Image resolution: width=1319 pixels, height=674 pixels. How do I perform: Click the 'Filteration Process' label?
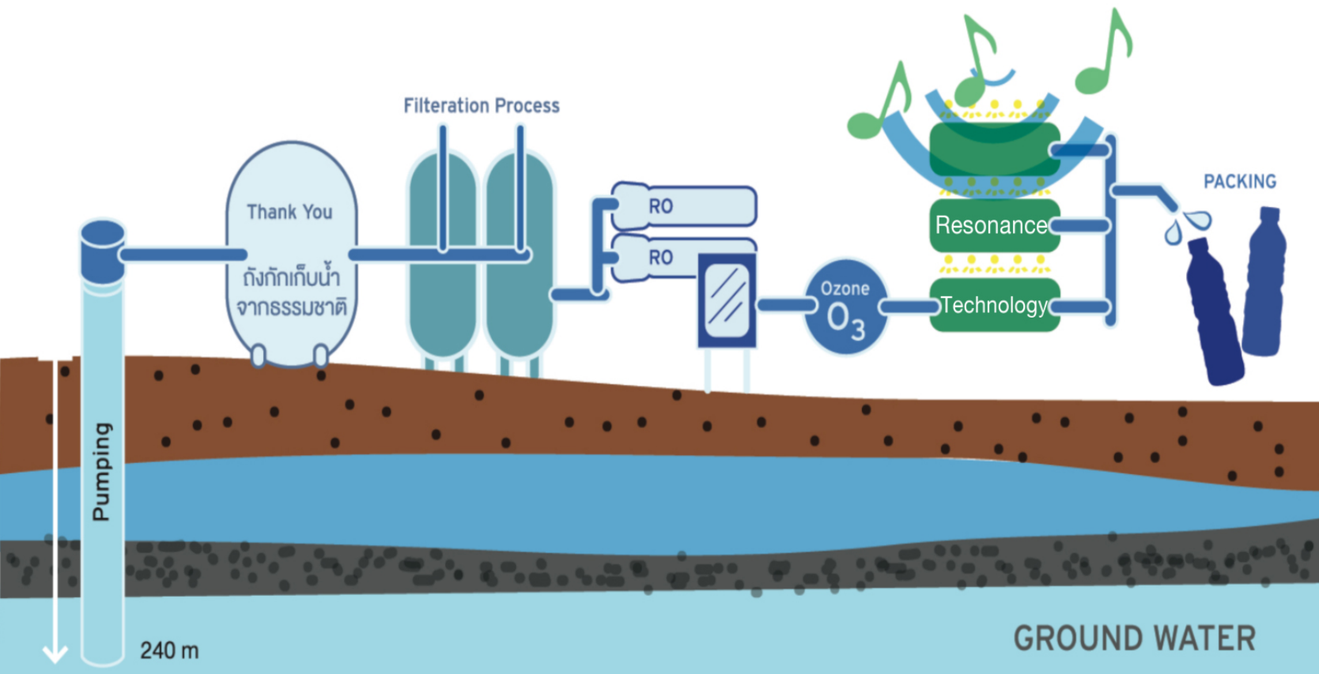[x=481, y=106]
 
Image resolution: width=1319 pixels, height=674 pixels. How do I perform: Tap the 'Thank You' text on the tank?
[x=289, y=212]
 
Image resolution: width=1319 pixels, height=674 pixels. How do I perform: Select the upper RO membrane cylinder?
[x=685, y=206]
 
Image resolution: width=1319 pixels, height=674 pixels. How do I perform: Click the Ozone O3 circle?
[x=845, y=307]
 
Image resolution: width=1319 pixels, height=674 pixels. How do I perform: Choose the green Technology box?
[x=994, y=305]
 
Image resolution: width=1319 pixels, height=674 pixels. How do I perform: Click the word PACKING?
[x=1239, y=182]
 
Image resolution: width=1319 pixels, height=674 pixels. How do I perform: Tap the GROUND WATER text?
[x=1134, y=638]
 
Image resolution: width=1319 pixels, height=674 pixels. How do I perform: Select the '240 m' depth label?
[x=169, y=651]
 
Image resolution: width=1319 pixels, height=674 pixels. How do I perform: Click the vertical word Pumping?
[x=101, y=472]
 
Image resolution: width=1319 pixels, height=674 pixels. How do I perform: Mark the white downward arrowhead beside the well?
[x=55, y=653]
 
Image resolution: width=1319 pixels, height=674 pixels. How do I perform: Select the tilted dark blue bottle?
[x=1215, y=312]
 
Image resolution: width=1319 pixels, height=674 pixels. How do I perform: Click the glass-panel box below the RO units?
[x=727, y=301]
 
